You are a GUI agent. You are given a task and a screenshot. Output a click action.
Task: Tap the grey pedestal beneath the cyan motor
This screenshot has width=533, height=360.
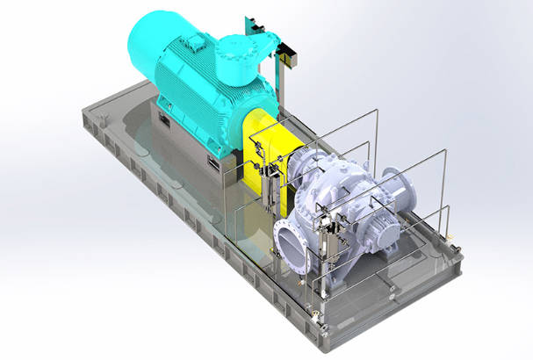pyautogui.click(x=189, y=149)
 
